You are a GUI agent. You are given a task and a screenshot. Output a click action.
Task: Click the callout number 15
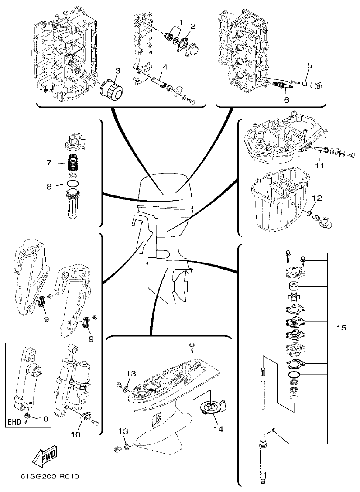click(x=341, y=327)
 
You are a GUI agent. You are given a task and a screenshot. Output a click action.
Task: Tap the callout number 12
click(x=317, y=198)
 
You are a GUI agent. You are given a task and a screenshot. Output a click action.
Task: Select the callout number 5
click(x=309, y=65)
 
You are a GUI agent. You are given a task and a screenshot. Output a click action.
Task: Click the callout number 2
click(x=192, y=26)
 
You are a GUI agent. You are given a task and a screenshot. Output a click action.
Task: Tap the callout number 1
click(x=180, y=21)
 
